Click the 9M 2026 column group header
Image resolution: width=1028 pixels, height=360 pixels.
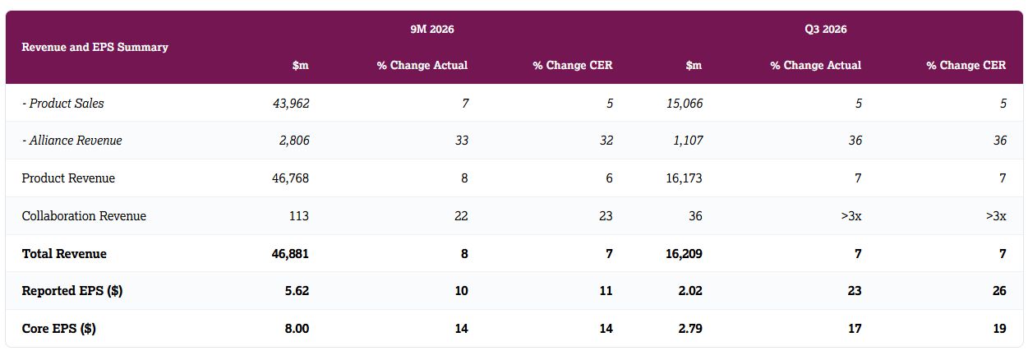pos(432,30)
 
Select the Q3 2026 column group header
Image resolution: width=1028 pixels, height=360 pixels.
pos(825,30)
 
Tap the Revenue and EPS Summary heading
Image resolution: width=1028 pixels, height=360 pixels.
pos(95,47)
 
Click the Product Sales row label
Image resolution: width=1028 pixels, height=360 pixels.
pos(63,104)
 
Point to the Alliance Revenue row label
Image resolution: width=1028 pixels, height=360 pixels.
pos(72,140)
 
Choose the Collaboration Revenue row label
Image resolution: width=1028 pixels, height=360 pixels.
pos(84,216)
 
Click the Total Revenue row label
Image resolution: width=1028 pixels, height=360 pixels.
pos(64,253)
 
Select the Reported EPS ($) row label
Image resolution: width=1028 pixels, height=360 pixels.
pos(72,291)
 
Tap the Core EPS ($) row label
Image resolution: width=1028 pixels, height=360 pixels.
pos(58,328)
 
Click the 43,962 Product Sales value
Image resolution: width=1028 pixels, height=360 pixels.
pos(291,104)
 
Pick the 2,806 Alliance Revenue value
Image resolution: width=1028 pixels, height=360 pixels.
pos(294,140)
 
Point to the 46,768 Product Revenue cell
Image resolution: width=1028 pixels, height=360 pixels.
pos(291,178)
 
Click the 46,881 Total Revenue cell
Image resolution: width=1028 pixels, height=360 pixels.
pos(290,253)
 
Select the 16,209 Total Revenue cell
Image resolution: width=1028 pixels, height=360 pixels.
pos(684,253)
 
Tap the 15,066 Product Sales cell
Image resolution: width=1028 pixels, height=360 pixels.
pos(685,104)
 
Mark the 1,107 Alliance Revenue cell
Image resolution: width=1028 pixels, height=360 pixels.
pos(688,140)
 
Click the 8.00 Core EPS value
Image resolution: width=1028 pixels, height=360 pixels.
pos(297,328)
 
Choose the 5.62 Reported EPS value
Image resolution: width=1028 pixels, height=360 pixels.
pos(297,291)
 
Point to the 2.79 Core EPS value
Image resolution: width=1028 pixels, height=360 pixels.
pos(690,328)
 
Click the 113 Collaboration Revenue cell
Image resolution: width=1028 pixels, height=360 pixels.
pos(299,216)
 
